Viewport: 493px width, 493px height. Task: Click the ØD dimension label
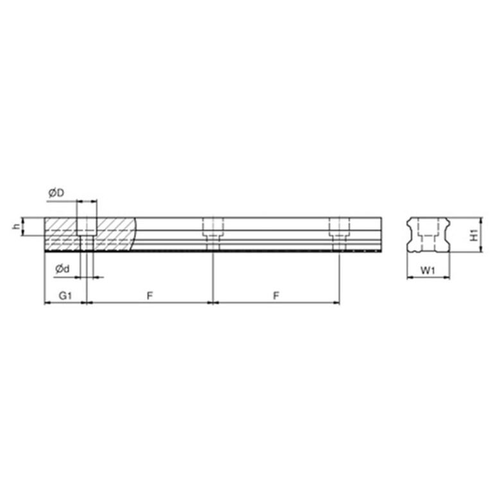[x=56, y=192]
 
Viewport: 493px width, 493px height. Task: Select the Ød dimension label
[x=62, y=270]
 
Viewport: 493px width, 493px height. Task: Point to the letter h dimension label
[x=13, y=227]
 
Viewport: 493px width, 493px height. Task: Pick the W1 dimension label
[x=428, y=272]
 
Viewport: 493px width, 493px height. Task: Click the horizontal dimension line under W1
[x=428, y=279]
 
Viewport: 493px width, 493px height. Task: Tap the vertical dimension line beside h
[x=23, y=227]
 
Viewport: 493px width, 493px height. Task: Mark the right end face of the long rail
[x=385, y=234]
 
